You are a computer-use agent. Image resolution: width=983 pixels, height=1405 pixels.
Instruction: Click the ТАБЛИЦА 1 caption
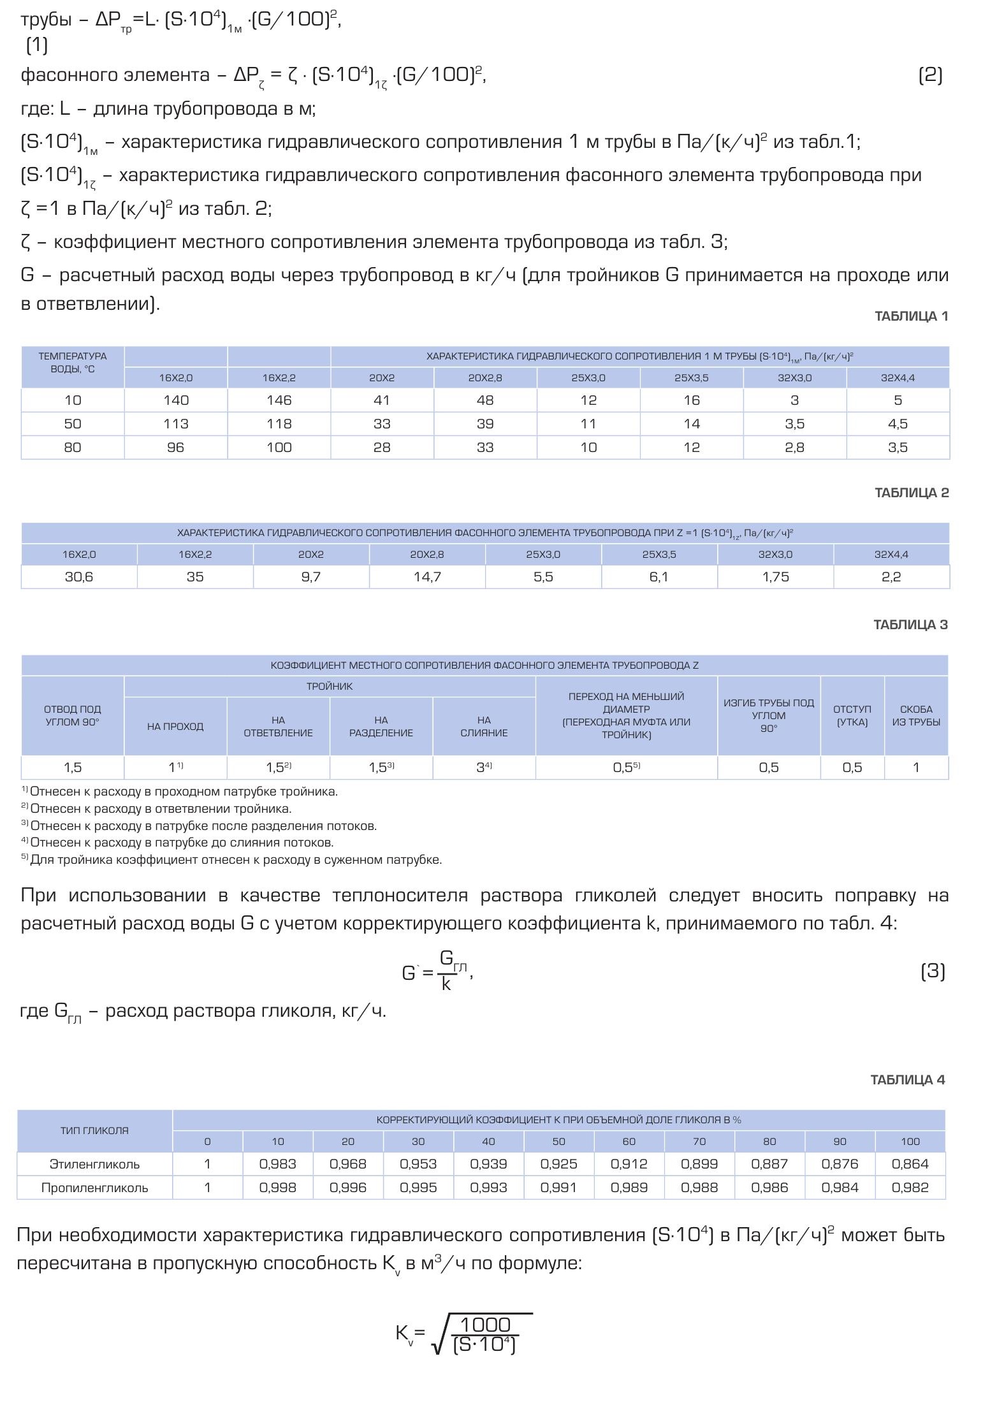tap(911, 316)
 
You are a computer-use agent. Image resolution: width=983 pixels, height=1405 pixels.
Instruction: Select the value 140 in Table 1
tap(176, 400)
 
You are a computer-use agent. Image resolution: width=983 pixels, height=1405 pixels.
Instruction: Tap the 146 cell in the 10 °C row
tap(279, 400)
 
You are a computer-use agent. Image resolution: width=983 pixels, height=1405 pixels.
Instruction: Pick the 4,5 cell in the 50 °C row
tap(898, 424)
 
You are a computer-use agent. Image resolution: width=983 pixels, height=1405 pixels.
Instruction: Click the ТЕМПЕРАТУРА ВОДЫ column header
tap(73, 362)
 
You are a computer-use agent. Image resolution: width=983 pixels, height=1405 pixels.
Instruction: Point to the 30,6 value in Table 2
tap(79, 577)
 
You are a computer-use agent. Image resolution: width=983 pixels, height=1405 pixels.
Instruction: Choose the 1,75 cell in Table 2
tap(775, 577)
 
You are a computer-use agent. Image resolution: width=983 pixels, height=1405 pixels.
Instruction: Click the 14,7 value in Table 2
tap(427, 577)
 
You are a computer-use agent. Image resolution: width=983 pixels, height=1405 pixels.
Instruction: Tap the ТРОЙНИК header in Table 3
tap(330, 687)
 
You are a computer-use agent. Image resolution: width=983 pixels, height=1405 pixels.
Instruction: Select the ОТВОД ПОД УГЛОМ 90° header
tap(73, 716)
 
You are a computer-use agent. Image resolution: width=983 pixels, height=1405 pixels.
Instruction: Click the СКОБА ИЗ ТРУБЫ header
tap(916, 716)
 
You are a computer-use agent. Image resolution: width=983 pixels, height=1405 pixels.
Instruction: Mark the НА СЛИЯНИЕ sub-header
tap(484, 727)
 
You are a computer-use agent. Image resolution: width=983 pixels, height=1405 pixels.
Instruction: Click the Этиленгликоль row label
tap(94, 1164)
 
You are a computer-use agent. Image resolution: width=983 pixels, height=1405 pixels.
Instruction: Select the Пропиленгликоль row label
tap(94, 1188)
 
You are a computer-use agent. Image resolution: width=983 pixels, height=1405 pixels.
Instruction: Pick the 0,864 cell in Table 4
tap(910, 1164)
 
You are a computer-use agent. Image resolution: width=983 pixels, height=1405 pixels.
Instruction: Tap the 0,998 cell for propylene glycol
tap(278, 1188)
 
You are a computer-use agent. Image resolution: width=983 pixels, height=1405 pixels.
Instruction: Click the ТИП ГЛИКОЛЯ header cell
tap(94, 1130)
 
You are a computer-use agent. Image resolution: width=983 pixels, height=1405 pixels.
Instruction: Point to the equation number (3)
tap(933, 972)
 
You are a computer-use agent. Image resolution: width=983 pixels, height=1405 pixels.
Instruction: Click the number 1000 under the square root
tap(485, 1325)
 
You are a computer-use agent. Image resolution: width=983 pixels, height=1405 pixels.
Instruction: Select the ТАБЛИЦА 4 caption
tap(908, 1079)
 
